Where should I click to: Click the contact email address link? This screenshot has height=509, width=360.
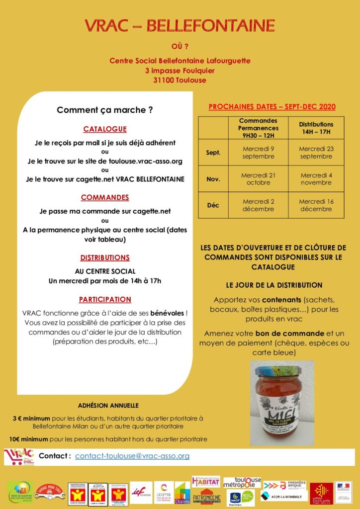132,456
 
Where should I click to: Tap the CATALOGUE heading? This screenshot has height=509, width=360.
105,129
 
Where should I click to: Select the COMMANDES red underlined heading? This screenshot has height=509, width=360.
105,197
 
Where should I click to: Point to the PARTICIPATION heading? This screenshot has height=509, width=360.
105,299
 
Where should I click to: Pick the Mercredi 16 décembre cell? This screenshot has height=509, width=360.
316,205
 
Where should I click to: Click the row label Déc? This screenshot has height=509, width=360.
213,205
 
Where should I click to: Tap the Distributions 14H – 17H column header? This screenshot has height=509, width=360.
316,128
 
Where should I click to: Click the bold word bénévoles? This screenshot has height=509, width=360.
171,314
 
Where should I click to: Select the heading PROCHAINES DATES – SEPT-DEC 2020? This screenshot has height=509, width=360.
271,107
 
